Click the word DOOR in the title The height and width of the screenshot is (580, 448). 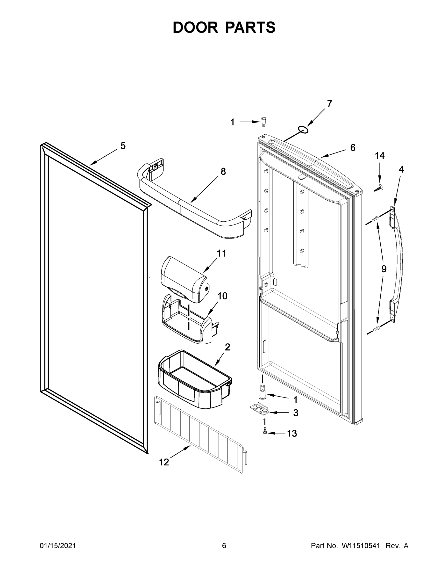point(195,27)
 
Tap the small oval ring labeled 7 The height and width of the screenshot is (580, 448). point(304,130)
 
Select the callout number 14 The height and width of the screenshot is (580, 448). point(379,156)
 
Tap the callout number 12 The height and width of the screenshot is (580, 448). point(164,462)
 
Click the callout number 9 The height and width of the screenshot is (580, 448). point(384,269)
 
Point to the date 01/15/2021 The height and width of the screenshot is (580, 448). point(57,546)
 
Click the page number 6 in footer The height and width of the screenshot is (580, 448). point(224,546)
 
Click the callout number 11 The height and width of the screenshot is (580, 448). point(222,253)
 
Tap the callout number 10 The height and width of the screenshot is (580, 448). point(222,296)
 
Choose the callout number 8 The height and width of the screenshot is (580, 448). point(223,172)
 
